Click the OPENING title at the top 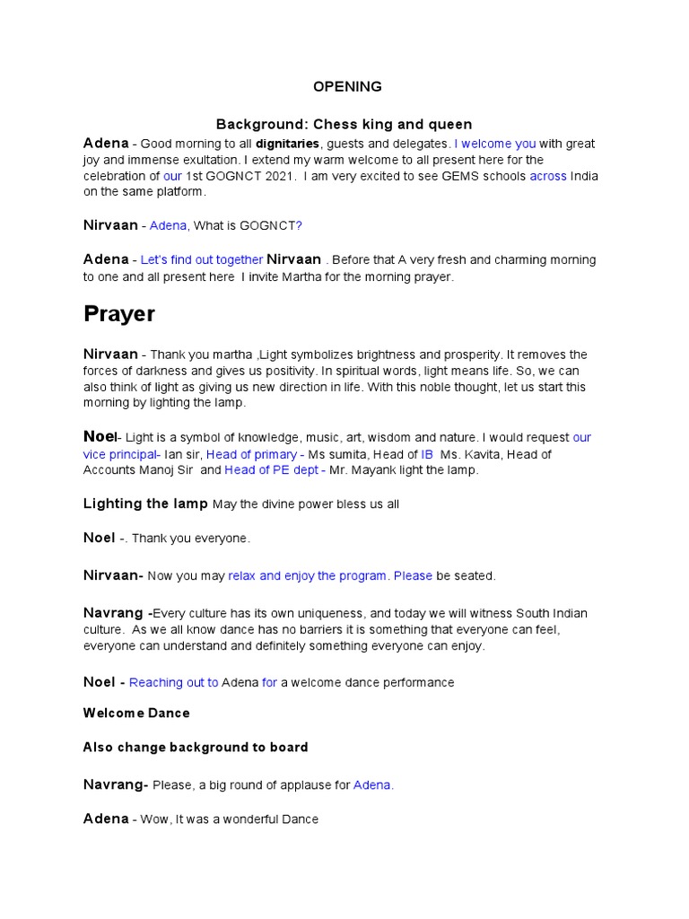[x=346, y=87]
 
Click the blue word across [x=547, y=176]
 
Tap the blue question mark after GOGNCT [x=299, y=225]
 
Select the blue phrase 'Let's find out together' [x=202, y=260]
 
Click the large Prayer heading [x=119, y=314]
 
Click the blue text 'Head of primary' [x=251, y=454]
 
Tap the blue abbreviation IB [x=427, y=454]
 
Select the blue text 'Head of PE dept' [x=272, y=469]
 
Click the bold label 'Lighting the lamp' [x=145, y=504]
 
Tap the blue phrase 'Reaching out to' [x=174, y=683]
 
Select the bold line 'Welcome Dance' [x=136, y=713]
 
